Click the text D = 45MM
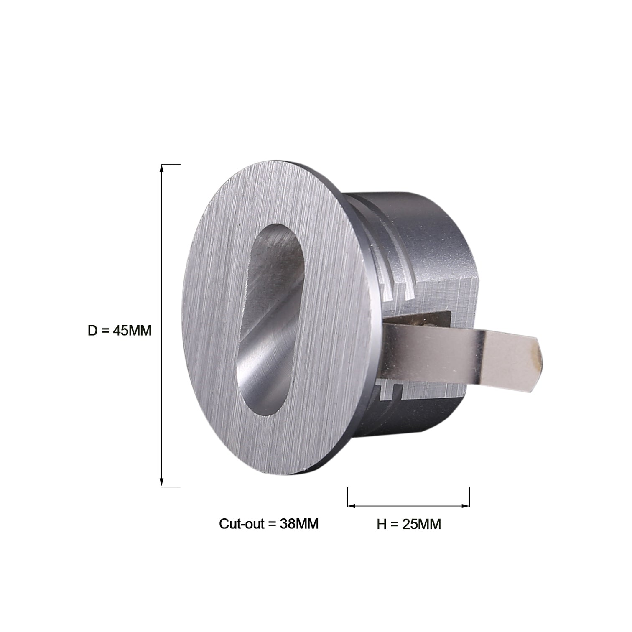click(x=120, y=331)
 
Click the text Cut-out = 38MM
click(x=268, y=524)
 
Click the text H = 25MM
click(x=408, y=524)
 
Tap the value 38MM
click(x=299, y=524)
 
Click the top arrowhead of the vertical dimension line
click(x=162, y=168)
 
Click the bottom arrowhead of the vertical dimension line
click(x=162, y=483)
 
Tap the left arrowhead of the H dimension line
click(x=351, y=506)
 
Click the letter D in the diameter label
click(x=92, y=331)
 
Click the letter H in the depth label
click(x=381, y=524)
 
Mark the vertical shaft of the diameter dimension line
click(x=162, y=272)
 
